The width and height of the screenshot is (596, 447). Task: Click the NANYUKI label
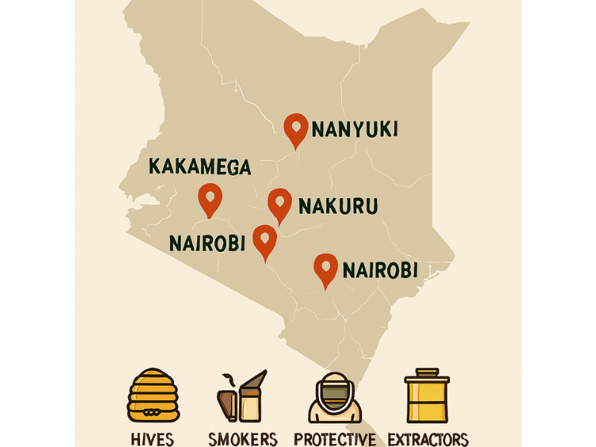coord(354,130)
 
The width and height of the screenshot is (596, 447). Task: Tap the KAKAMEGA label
coord(200,166)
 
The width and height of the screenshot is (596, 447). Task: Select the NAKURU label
coord(337,206)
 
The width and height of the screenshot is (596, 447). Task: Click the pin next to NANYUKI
coord(296,130)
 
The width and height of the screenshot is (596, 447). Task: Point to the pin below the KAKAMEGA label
coord(210,199)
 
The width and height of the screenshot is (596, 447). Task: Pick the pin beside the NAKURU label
coord(279,204)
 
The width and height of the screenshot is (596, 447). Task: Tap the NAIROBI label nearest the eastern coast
coord(379,270)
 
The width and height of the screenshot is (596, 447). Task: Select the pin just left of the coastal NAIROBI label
coord(326,270)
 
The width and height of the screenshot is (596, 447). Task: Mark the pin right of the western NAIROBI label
coord(264,241)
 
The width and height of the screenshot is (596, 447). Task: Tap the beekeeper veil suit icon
coord(334,398)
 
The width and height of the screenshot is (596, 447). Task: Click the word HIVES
coord(152,438)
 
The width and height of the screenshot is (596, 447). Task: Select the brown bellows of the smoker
coord(225,403)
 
